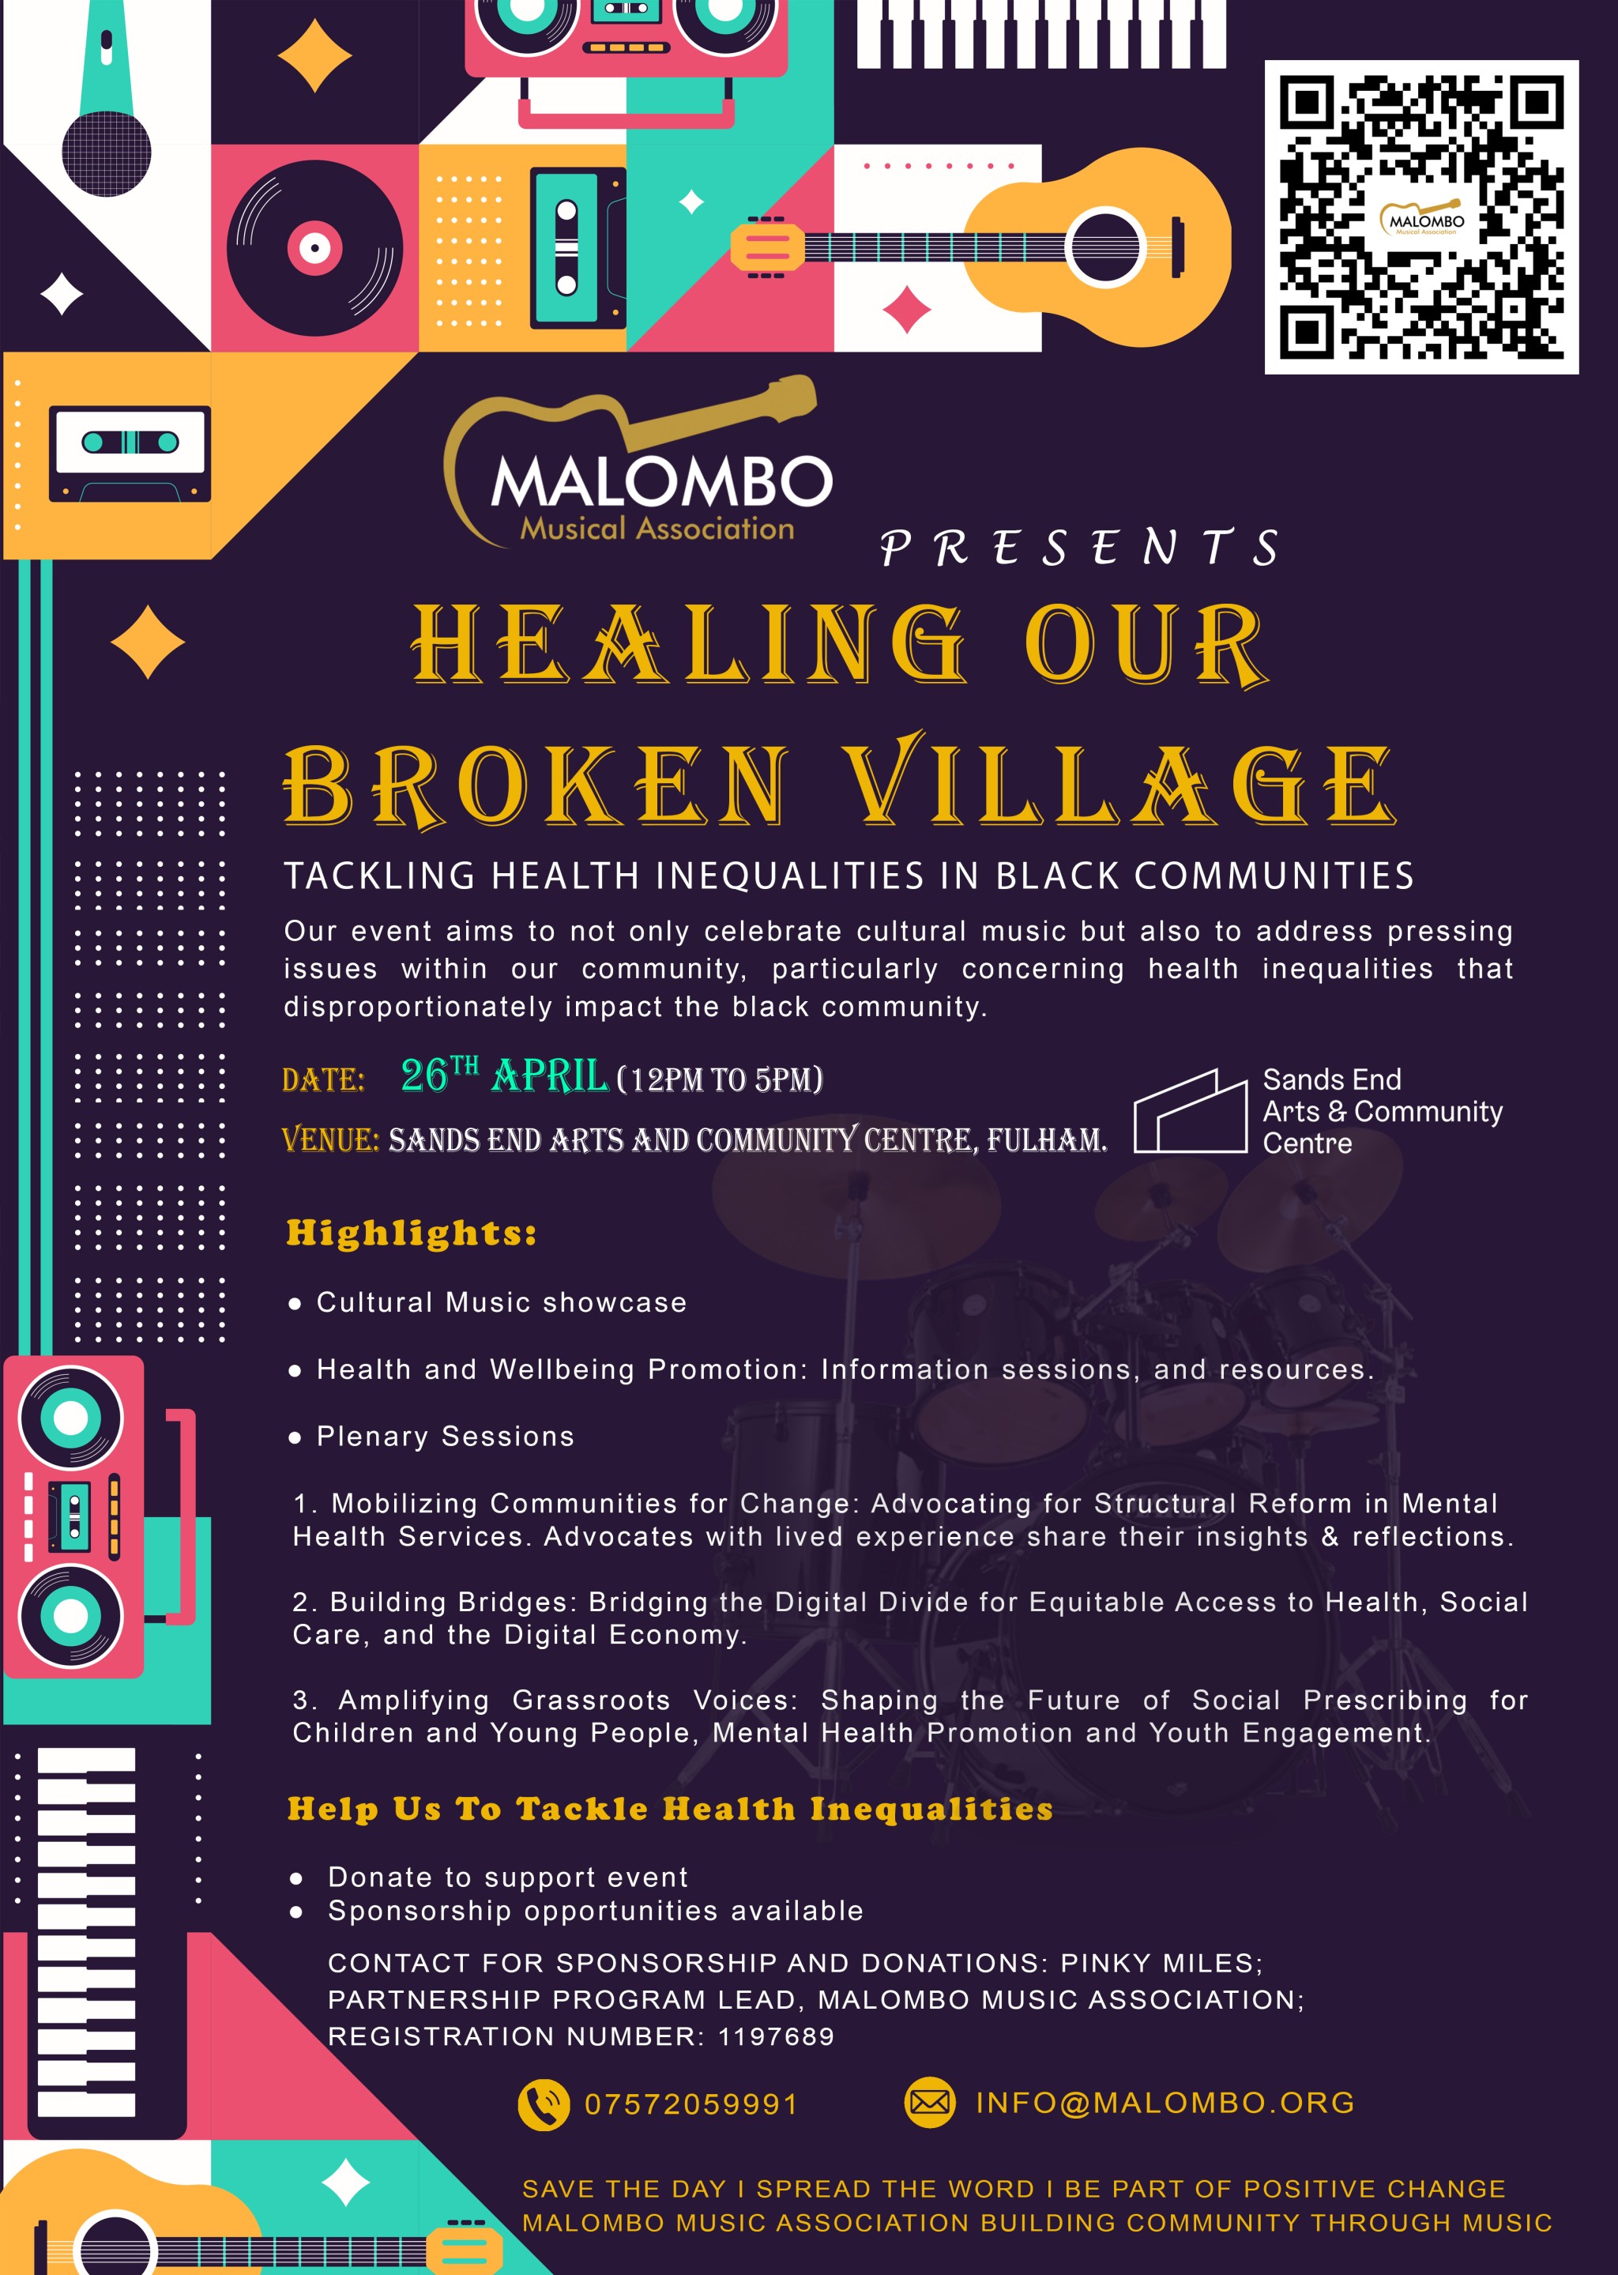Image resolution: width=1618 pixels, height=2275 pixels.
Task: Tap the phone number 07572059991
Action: coord(690,2104)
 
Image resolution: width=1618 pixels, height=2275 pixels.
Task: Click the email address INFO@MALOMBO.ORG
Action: coord(1165,2102)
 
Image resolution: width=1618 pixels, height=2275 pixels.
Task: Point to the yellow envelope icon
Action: coord(930,2102)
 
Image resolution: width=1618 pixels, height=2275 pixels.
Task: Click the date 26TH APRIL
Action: coord(503,1075)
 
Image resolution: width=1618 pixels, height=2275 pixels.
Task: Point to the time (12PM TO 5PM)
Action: coord(721,1079)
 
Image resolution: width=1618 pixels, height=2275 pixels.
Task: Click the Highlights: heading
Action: coord(412,1233)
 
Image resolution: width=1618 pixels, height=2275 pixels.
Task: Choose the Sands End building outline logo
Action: coord(1191,1111)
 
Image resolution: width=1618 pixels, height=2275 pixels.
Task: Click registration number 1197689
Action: coord(776,2036)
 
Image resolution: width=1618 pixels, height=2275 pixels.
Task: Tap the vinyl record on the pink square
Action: coord(315,248)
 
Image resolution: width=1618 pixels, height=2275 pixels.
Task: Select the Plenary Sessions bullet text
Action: coord(446,1436)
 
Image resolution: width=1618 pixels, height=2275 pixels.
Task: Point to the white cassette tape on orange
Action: coord(130,454)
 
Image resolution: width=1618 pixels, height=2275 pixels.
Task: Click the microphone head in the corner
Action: coord(107,153)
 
